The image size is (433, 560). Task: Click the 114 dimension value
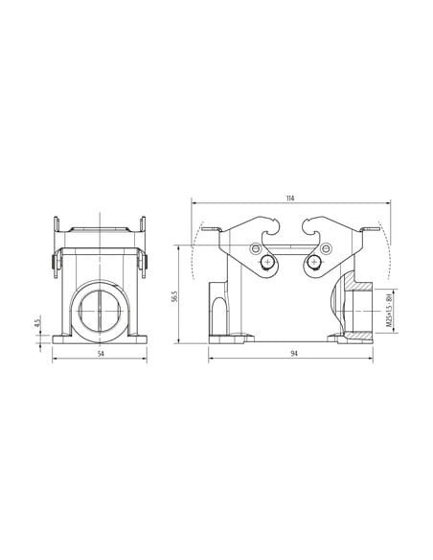pos(290,198)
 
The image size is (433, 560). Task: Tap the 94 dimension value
pos(294,354)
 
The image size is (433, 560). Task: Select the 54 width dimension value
pos(101,354)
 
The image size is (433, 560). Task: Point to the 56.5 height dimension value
pos(174,296)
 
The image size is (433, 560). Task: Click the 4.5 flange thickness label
pos(36,323)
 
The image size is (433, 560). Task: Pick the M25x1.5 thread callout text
pos(388,311)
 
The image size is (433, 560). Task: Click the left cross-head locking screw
pos(267,263)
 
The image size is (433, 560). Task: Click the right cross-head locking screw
pos(314,263)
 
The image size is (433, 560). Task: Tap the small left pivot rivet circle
pos(256,248)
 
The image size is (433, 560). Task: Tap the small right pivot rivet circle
pos(326,248)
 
